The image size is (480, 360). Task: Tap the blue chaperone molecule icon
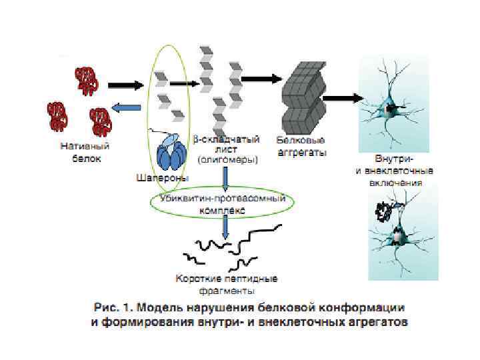tap(172, 155)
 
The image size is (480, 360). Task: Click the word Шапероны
tap(161, 178)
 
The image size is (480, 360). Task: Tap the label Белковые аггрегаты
tap(301, 146)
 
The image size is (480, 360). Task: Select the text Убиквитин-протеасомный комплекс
tap(223, 204)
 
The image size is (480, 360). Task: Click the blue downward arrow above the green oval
tap(227, 179)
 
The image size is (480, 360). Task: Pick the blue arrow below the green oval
tap(225, 228)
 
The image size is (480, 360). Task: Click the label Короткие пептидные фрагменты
tap(226, 283)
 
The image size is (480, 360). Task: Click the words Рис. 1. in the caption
tap(109, 309)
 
